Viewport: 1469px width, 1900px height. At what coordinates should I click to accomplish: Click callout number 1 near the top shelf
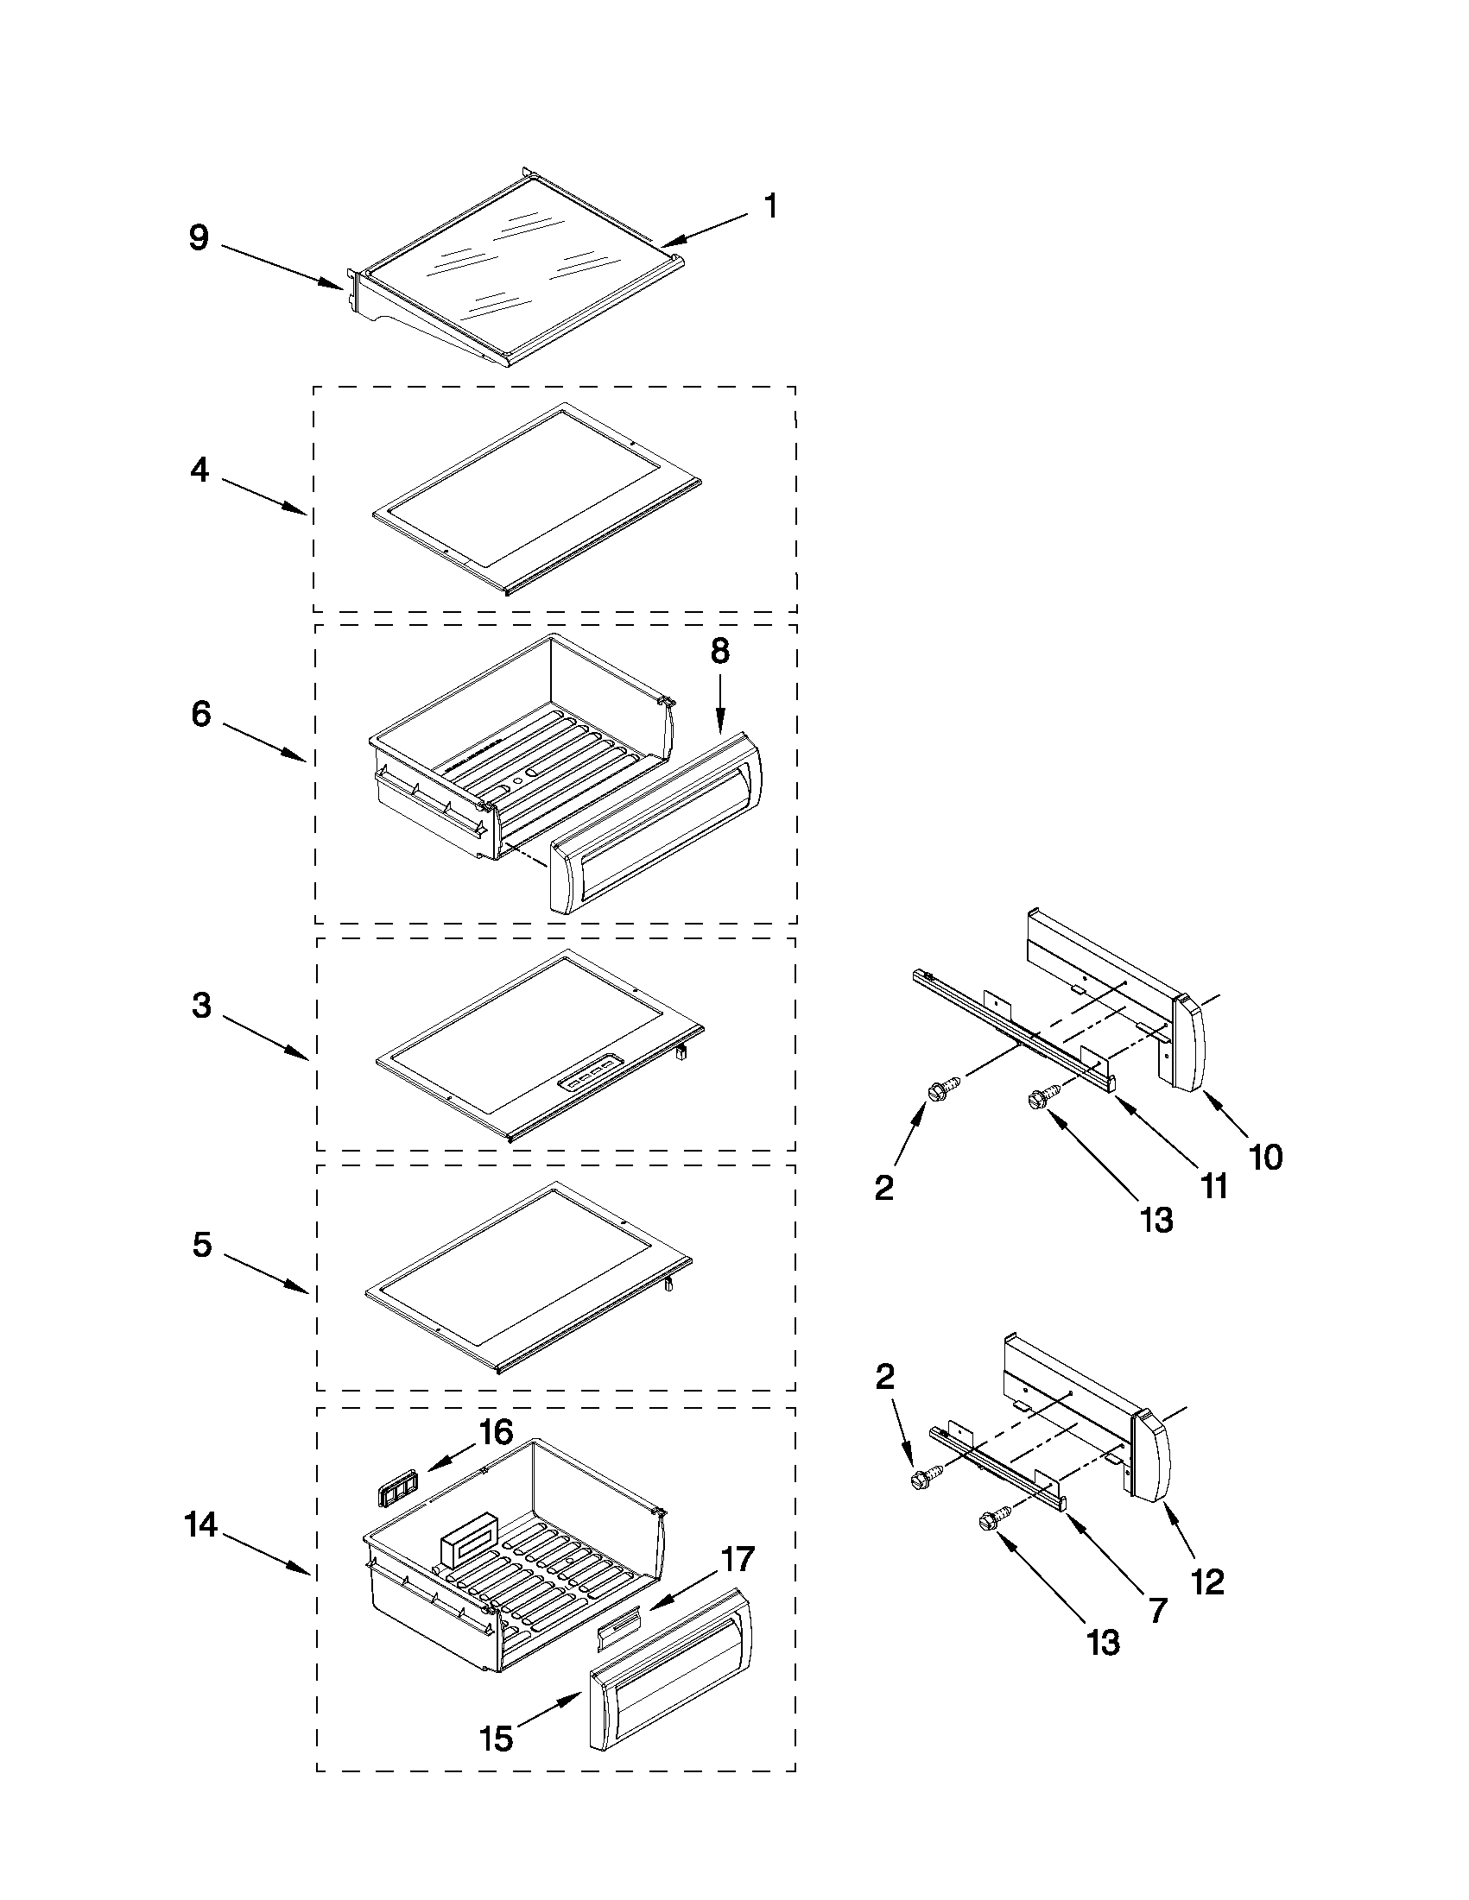[769, 207]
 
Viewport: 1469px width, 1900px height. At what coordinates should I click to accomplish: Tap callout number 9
[199, 237]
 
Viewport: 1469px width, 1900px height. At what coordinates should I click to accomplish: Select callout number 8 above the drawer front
[719, 651]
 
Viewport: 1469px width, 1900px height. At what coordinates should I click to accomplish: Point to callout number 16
[496, 1431]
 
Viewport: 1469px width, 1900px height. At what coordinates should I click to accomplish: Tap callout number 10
[1265, 1157]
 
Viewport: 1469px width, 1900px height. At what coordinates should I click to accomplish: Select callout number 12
[1208, 1581]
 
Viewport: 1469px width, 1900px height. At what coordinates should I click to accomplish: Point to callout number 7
[1156, 1610]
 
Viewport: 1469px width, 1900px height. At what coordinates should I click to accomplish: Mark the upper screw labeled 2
[944, 1090]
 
